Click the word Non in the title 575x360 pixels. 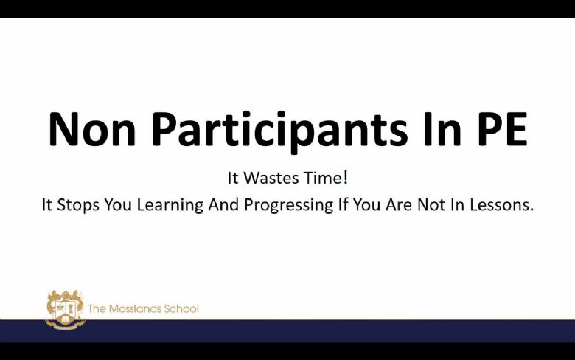tap(92, 129)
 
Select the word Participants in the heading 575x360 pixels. tap(280, 132)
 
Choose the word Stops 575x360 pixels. tap(77, 205)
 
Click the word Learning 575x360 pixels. tap(170, 206)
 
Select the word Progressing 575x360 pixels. tap(288, 206)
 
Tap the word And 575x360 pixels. tap(223, 205)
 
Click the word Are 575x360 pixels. tap(398, 205)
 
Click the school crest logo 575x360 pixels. tap(66, 309)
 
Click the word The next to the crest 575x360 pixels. tap(97, 309)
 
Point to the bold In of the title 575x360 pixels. tap(442, 129)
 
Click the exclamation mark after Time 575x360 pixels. tap(345, 178)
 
